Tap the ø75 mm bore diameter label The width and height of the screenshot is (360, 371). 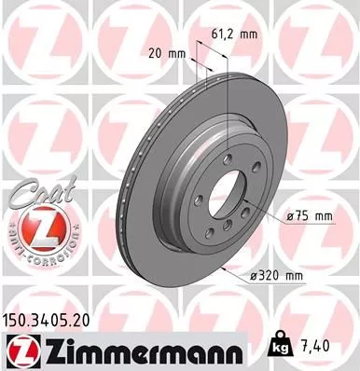click(x=310, y=216)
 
